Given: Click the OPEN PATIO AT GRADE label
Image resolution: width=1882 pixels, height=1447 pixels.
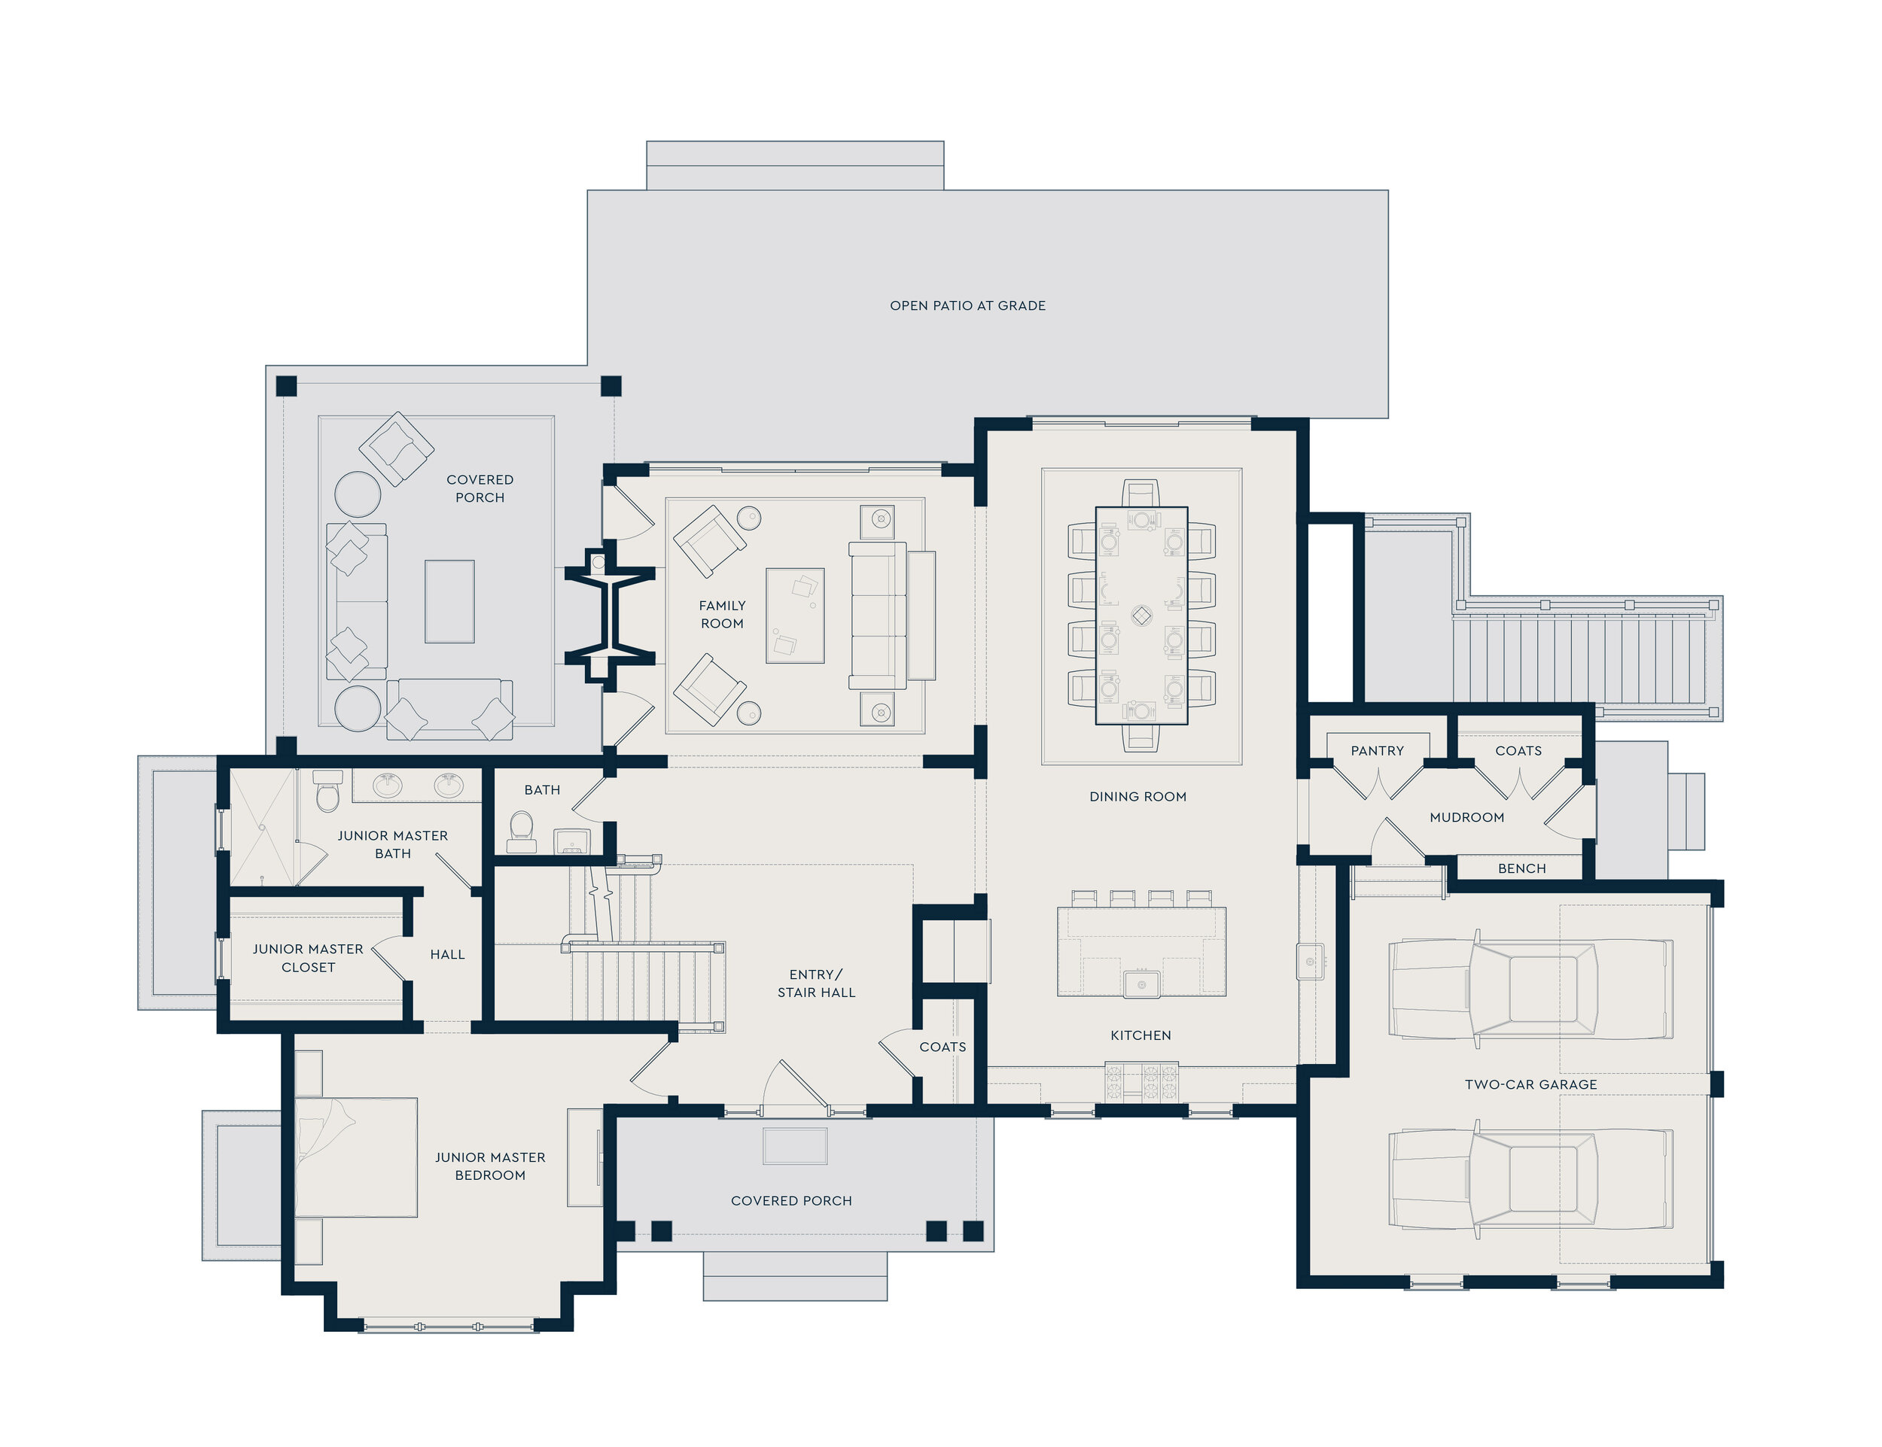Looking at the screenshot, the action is (x=967, y=306).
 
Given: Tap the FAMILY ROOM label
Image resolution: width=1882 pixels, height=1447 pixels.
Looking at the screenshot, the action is (x=722, y=615).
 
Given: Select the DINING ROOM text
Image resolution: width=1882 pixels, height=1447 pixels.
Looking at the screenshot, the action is (x=1137, y=797).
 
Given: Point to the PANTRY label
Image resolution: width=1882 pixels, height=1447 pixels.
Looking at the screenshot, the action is (x=1377, y=751).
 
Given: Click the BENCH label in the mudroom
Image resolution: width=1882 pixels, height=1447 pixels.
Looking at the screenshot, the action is (x=1522, y=868).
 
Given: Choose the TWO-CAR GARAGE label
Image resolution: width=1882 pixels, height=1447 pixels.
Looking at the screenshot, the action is (x=1530, y=1084).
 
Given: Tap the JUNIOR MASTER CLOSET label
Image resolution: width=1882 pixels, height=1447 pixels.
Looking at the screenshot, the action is (x=308, y=958).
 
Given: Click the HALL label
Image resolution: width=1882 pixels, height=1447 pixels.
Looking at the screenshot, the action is (x=447, y=954).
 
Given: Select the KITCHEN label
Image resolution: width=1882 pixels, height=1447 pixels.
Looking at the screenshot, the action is (x=1141, y=1035).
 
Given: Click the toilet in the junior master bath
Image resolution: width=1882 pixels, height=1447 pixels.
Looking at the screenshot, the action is (x=327, y=791).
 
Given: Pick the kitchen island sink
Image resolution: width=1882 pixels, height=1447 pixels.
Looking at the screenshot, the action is (x=1142, y=983).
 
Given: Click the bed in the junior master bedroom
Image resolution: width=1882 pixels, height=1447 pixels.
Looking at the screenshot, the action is (x=356, y=1157).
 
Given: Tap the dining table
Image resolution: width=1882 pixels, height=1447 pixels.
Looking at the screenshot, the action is (x=1142, y=616).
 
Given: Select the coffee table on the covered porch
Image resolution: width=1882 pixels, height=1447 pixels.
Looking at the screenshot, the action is (x=449, y=601).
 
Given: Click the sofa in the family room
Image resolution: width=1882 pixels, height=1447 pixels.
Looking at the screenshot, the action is (x=878, y=615).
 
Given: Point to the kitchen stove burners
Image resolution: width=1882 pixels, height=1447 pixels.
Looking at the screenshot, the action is (x=1142, y=1084).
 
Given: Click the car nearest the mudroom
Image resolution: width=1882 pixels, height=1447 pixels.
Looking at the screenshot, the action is (x=1530, y=989).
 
